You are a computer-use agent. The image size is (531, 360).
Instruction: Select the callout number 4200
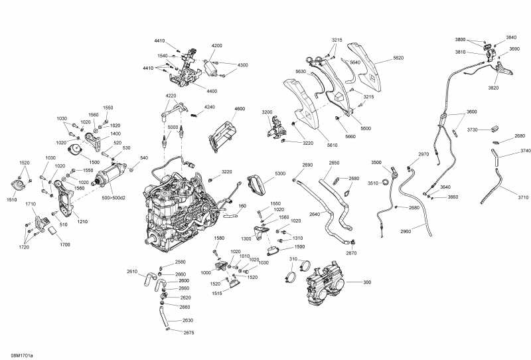point(217,46)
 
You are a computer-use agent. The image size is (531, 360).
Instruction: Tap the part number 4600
point(240,109)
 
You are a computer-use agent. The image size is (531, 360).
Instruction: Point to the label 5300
point(280,173)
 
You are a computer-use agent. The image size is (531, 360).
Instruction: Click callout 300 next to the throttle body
point(367,282)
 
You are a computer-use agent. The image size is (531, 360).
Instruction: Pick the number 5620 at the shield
point(398,58)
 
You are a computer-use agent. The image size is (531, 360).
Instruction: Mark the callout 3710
point(524,198)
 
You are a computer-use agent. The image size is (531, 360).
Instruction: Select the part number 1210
point(82,221)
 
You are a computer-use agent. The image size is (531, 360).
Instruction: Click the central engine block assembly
point(179,206)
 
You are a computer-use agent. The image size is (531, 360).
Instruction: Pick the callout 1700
point(64,245)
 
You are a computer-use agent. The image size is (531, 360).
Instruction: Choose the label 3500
point(376,163)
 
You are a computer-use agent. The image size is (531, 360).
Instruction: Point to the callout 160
point(242,206)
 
